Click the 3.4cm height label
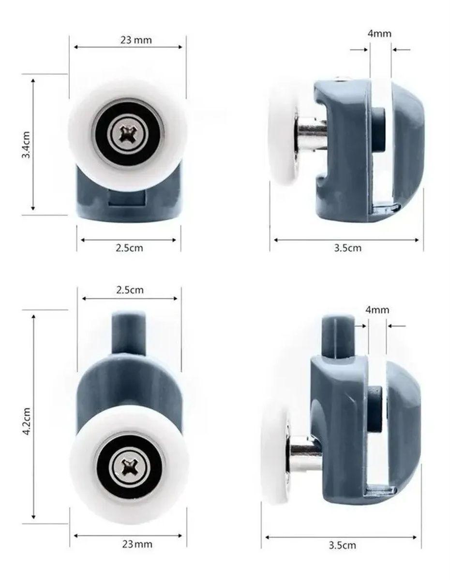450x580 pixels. coord(26,145)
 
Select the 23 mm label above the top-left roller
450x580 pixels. coord(136,40)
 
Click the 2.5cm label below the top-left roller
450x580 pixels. coord(129,248)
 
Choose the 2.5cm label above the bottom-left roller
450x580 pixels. coord(130,290)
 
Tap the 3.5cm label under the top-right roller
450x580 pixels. coord(347,248)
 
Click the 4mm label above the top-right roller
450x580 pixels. coord(379,34)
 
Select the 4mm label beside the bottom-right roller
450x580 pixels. coord(377,310)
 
